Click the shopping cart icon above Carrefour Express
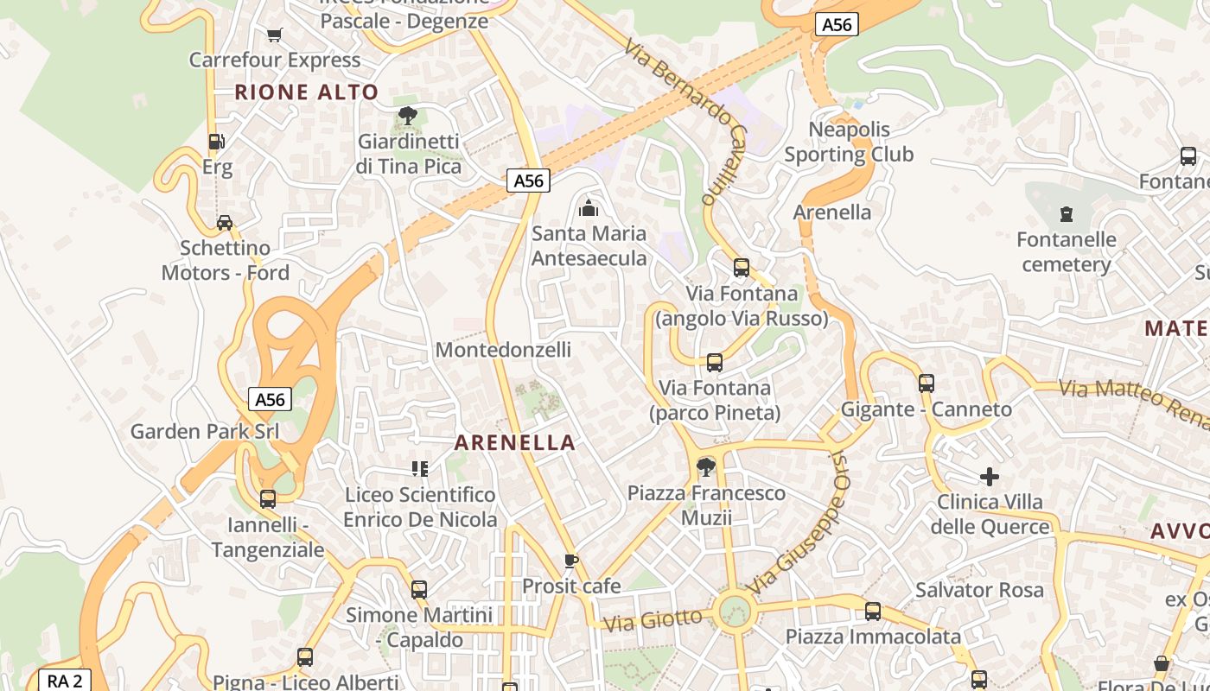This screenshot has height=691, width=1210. click(275, 35)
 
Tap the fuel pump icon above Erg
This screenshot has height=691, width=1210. click(216, 142)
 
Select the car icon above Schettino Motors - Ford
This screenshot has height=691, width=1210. click(225, 223)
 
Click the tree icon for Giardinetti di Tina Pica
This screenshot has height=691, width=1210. click(407, 116)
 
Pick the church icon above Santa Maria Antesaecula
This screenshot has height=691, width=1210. click(589, 208)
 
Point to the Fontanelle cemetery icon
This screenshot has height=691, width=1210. click(1067, 213)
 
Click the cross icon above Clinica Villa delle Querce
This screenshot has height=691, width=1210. click(990, 477)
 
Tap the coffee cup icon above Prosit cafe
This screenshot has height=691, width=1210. click(570, 561)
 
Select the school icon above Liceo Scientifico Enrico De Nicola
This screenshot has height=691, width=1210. click(420, 469)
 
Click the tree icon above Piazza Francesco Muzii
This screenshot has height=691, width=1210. click(706, 467)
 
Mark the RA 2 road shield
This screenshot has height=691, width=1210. click(64, 681)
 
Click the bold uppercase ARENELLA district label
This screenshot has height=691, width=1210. click(515, 442)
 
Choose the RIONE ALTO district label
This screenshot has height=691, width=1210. click(307, 92)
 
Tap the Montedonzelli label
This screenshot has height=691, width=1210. click(503, 350)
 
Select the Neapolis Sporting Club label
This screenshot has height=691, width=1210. click(849, 142)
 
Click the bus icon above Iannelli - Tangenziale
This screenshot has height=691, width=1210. click(268, 499)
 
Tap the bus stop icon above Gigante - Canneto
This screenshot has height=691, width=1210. click(927, 384)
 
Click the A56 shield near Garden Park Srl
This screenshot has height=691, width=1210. click(270, 399)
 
